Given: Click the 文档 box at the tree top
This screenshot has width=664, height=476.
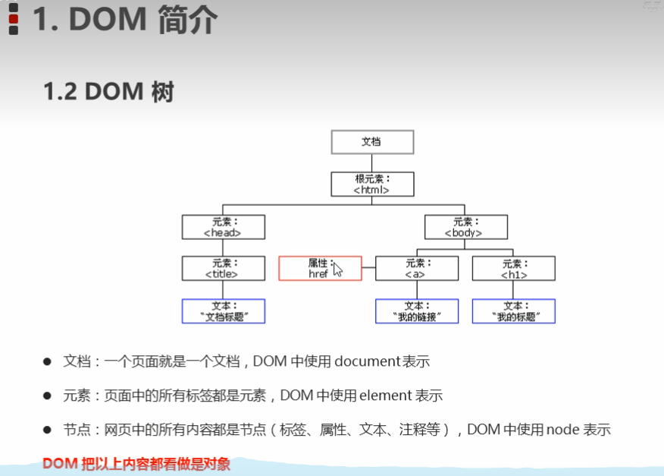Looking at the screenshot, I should click(x=372, y=142).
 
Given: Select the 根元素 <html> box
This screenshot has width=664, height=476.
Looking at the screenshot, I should click(x=372, y=184).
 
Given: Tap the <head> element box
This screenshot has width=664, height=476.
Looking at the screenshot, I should click(x=224, y=227).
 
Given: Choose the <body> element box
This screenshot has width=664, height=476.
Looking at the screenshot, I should click(x=466, y=227).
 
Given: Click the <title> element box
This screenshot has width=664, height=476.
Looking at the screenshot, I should click(x=224, y=268).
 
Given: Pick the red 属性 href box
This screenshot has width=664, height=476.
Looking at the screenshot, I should click(x=320, y=268).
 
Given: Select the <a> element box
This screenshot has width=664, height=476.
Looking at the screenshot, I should click(x=417, y=268).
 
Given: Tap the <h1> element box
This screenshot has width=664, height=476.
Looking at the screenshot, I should click(x=514, y=268).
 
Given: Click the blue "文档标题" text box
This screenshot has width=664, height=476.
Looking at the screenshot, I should click(x=224, y=311).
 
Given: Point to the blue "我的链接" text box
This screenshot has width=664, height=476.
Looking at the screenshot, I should click(x=417, y=311).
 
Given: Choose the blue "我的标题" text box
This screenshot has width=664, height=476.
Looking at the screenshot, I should click(x=514, y=311).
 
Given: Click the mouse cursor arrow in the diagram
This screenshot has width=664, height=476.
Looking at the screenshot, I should click(x=337, y=270).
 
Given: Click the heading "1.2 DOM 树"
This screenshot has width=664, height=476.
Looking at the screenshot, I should click(x=108, y=92).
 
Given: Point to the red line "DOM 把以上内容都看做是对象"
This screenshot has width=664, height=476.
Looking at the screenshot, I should click(x=136, y=462).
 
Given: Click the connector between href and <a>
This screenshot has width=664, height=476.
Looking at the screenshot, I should click(x=368, y=268).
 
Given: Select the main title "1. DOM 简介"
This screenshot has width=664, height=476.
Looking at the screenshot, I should click(x=124, y=20).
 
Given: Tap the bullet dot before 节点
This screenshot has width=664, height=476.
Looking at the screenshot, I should click(x=47, y=430).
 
